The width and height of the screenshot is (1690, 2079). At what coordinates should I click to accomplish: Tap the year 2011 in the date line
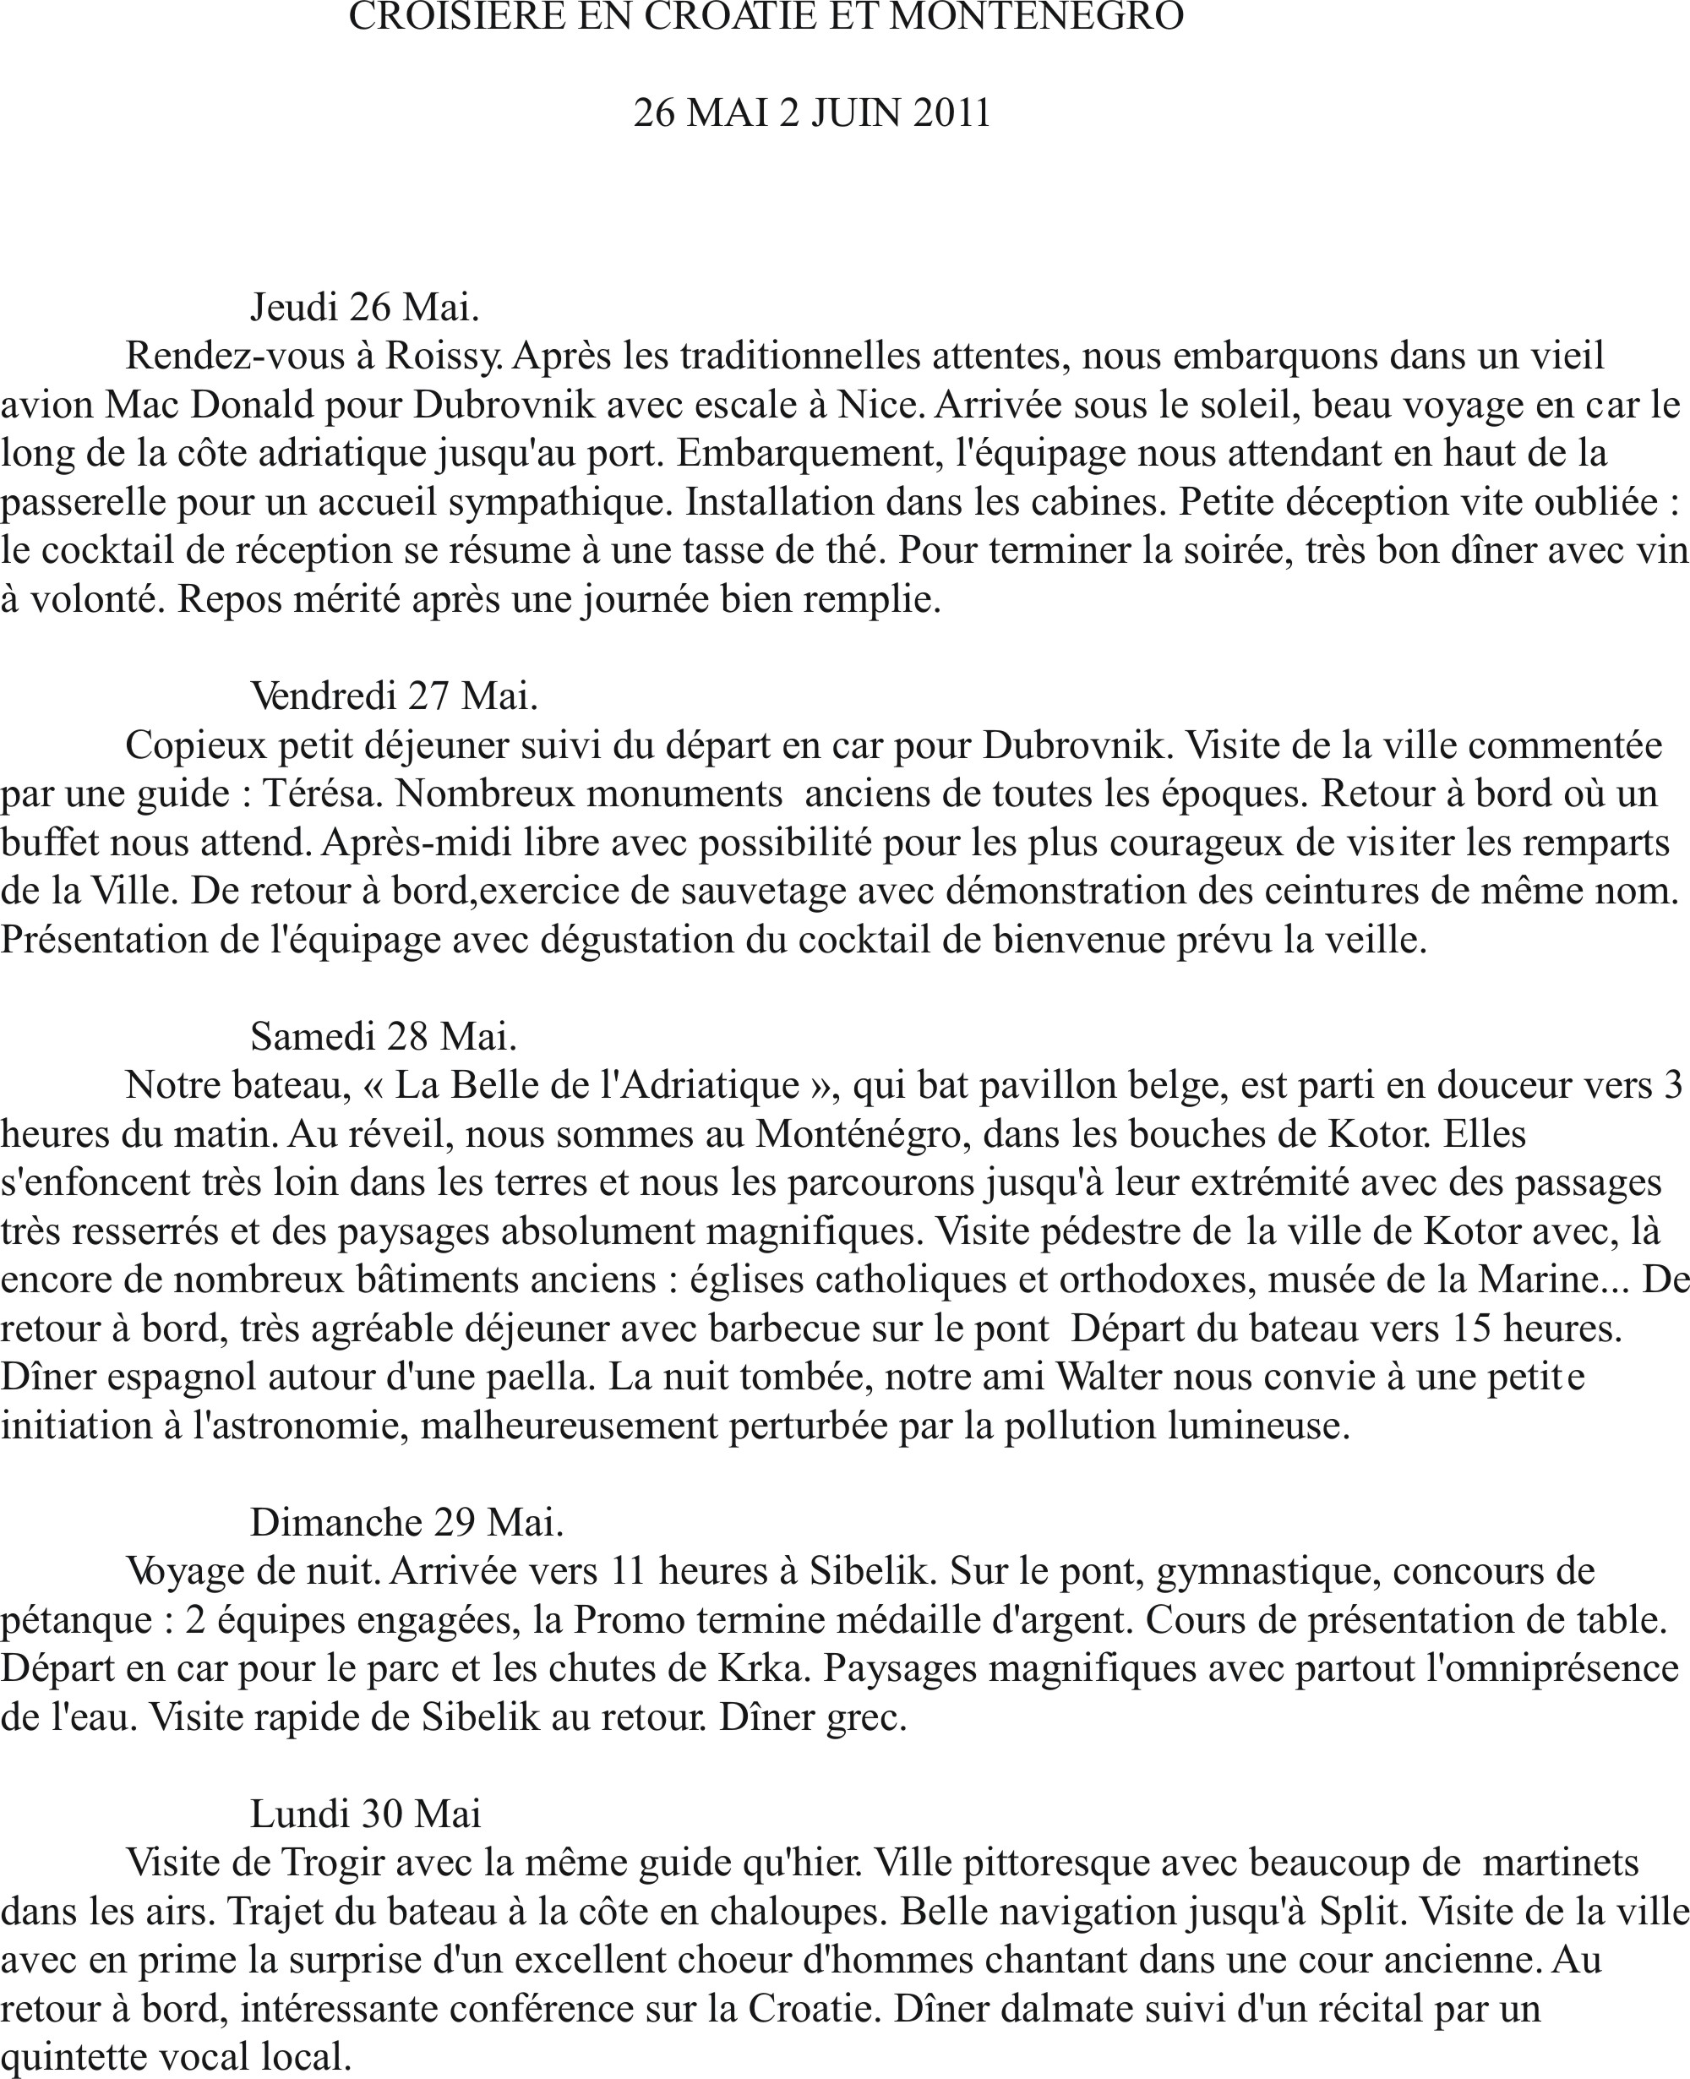coord(951,113)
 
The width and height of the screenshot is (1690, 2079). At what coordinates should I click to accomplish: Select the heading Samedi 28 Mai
coord(383,1036)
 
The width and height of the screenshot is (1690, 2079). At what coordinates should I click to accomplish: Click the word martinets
coord(1561,1862)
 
